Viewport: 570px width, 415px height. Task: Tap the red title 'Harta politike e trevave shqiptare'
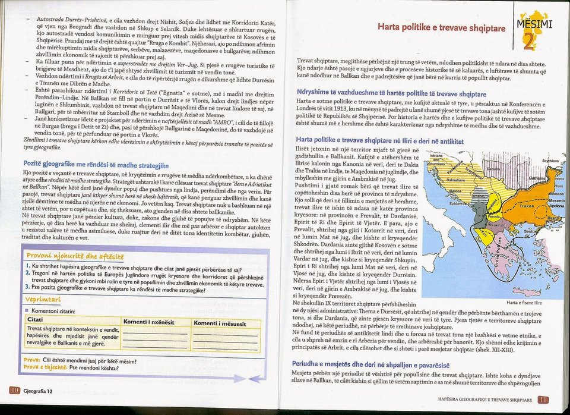click(x=441, y=28)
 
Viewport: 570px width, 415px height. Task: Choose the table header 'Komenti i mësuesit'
click(x=220, y=323)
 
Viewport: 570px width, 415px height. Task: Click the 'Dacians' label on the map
click(x=494, y=169)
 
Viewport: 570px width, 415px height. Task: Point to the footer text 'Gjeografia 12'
click(x=39, y=391)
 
